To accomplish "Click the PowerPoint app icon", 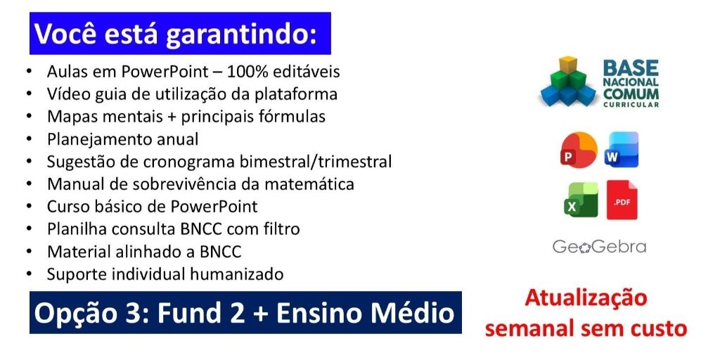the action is click(x=579, y=150).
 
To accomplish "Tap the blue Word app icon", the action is click(x=622, y=150).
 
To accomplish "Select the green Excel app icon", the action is click(x=581, y=199).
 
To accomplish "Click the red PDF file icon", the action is click(x=622, y=199).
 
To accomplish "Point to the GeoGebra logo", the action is click(x=599, y=247).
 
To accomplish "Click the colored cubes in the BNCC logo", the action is click(x=569, y=81).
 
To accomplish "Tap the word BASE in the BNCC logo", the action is click(x=631, y=68).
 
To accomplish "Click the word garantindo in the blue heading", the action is click(x=242, y=34).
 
